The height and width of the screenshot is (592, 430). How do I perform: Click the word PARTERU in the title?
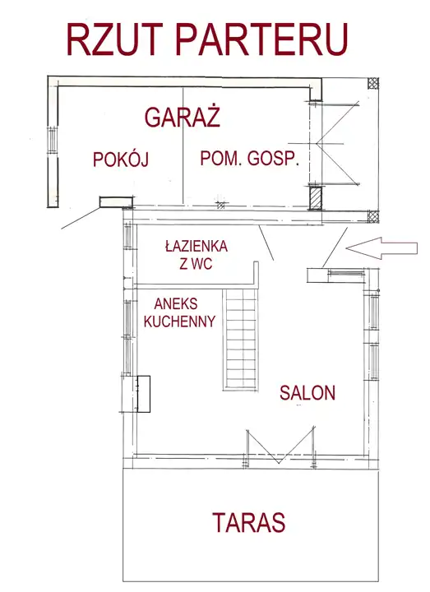click(x=261, y=39)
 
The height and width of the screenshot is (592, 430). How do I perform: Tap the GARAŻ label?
click(x=183, y=116)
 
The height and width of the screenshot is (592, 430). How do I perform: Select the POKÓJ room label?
click(x=121, y=159)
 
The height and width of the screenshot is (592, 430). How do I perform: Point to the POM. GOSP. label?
click(x=250, y=159)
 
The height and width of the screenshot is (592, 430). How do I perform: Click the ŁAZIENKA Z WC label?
click(x=197, y=255)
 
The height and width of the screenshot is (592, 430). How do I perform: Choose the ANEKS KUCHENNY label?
click(x=180, y=312)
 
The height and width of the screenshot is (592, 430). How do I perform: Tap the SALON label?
click(x=307, y=393)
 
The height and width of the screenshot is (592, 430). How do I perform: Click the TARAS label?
click(x=249, y=523)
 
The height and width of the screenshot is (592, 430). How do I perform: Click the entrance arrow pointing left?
click(x=381, y=248)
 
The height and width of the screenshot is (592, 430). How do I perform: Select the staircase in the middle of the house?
click(x=240, y=340)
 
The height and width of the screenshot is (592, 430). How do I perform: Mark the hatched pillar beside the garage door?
click(x=315, y=198)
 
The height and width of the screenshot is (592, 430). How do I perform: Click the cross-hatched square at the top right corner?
click(x=373, y=83)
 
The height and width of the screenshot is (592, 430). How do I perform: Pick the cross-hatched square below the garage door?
click(x=373, y=216)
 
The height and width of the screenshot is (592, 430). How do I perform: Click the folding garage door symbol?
click(x=337, y=143)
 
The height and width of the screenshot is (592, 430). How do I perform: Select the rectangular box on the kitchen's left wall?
click(x=143, y=394)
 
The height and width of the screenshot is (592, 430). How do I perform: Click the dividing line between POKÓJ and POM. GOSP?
click(x=183, y=146)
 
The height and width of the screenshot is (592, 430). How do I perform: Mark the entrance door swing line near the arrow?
click(x=335, y=247)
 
